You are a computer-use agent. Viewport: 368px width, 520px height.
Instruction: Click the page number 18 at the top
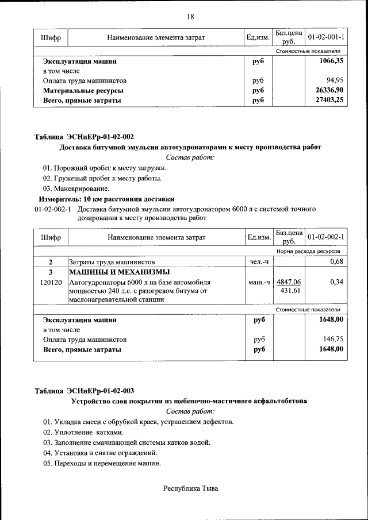coord(190,16)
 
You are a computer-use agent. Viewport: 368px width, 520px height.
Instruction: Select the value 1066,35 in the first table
coord(331,60)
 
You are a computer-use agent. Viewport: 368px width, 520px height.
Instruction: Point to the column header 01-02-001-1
coord(326,37)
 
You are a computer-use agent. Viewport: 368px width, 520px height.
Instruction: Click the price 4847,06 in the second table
coord(289,282)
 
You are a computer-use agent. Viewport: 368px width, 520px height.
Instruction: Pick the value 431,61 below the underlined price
coord(291,291)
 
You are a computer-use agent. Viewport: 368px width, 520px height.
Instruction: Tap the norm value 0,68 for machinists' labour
coord(336,262)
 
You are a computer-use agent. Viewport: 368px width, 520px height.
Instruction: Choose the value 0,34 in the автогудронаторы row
coord(336,282)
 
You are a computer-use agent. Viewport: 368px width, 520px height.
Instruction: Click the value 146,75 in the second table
coord(332,340)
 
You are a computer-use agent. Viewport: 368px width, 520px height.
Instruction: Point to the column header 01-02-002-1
coord(326,237)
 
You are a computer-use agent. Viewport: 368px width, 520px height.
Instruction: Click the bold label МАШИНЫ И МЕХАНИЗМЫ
coord(119,272)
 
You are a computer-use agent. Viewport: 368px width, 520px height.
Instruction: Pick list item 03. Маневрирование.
coord(76,188)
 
